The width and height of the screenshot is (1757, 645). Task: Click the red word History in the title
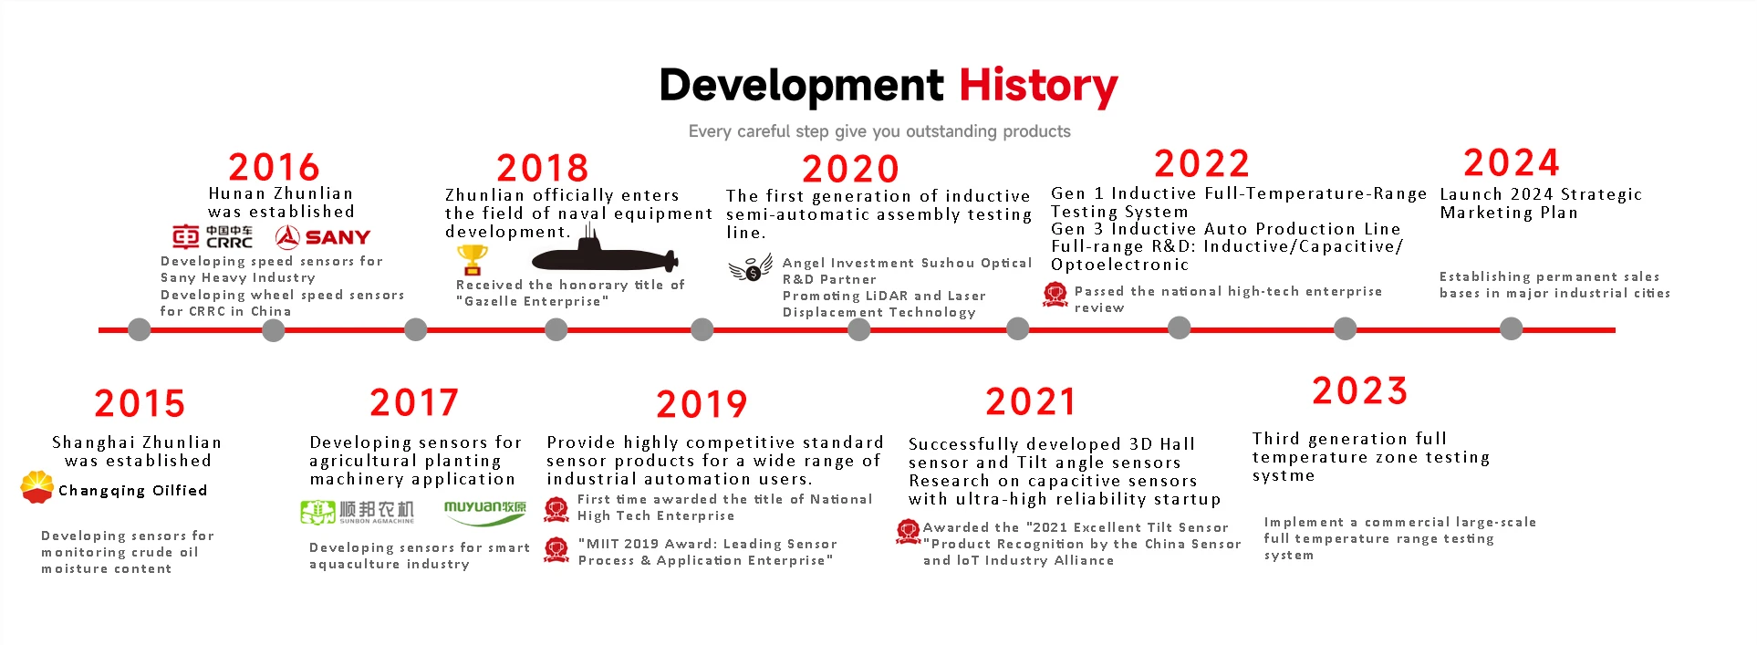coord(1038,86)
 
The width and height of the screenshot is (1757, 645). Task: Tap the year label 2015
coord(140,403)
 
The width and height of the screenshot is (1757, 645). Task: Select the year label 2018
coord(542,168)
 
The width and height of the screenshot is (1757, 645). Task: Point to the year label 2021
coord(1030,401)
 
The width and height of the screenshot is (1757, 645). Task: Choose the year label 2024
coord(1512,162)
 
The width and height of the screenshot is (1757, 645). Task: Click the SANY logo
coord(323,237)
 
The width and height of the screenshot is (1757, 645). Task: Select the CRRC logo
coord(213,237)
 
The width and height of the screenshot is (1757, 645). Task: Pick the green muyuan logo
coord(485,513)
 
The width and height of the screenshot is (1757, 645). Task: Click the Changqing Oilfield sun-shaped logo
coord(36,487)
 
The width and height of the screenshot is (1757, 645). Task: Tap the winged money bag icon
coord(751,268)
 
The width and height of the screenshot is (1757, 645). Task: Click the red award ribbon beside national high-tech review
coord(1055,294)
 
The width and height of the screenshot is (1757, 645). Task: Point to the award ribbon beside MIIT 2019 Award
coord(556,549)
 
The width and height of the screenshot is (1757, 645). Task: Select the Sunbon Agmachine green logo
coord(357,512)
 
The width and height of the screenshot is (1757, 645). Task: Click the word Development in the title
coord(801,86)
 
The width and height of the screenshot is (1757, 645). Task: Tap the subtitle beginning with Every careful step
coord(879,131)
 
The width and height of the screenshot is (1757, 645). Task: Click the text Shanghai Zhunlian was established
coord(137,452)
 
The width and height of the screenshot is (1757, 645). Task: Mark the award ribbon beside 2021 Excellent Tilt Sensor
coord(909,531)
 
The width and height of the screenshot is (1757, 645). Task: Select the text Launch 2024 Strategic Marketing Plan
coord(1541,203)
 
